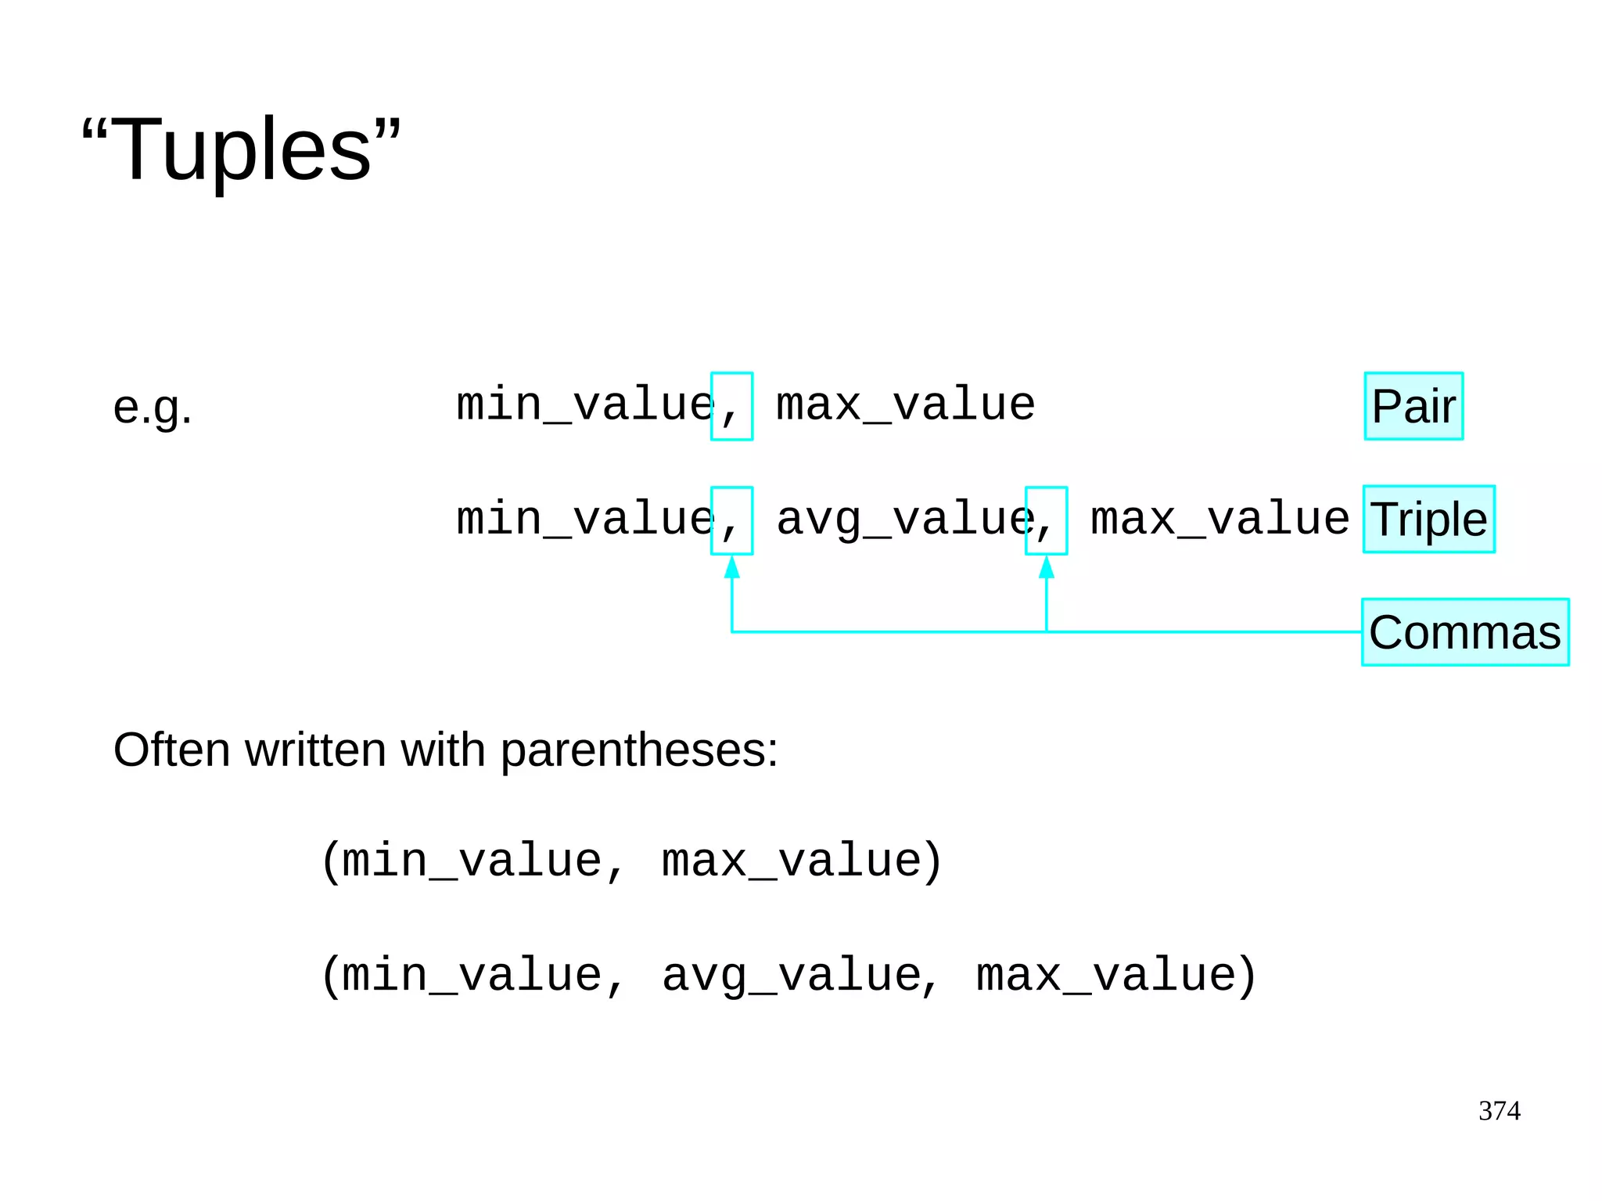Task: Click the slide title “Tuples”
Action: pos(241,149)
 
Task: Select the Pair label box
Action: pos(1413,406)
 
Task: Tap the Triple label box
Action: pos(1428,520)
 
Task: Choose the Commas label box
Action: pos(1464,632)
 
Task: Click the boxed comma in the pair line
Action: pos(731,407)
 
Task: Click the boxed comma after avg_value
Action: pos(1046,521)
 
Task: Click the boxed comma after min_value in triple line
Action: pos(731,521)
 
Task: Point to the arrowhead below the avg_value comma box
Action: pos(1047,567)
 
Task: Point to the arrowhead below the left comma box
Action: pos(731,567)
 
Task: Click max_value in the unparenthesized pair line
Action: pos(905,405)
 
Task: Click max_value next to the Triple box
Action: pos(1219,520)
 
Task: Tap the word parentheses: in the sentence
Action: pos(638,750)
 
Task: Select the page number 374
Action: pos(1499,1110)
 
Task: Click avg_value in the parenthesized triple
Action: pos(791,976)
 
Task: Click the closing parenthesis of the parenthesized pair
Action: pos(932,861)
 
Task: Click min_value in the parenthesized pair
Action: pos(472,861)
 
